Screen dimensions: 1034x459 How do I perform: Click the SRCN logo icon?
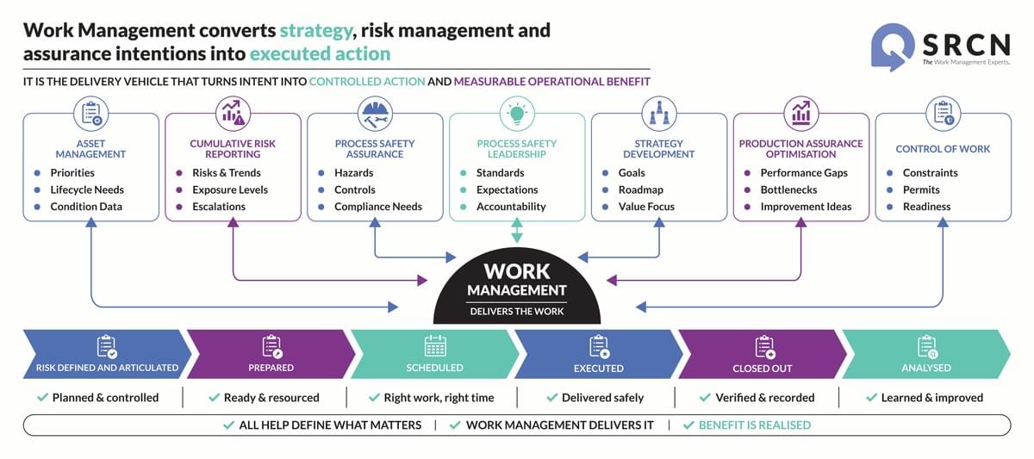point(893,47)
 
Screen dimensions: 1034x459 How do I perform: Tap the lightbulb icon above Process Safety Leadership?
point(517,114)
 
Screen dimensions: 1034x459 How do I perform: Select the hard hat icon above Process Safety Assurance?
point(375,114)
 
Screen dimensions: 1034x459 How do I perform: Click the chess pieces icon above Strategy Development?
point(659,114)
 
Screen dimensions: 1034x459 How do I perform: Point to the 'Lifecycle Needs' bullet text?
point(87,189)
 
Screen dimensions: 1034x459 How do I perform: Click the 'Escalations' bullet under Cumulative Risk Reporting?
point(219,207)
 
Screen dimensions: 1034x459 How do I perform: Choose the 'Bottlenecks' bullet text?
point(789,189)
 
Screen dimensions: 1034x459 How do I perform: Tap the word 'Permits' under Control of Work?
point(921,189)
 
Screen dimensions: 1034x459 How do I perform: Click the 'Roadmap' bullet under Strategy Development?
point(641,189)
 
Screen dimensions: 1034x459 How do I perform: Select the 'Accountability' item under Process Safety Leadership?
point(511,207)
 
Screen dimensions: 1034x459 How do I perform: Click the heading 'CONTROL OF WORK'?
point(943,149)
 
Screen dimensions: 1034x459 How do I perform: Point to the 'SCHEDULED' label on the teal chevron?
point(434,368)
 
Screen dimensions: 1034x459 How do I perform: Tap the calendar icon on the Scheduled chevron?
point(435,346)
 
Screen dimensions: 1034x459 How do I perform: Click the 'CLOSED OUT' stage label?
point(762,368)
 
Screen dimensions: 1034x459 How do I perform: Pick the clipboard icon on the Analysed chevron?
point(927,347)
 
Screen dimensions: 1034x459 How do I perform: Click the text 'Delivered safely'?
point(602,398)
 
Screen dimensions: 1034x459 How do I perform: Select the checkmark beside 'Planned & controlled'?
point(42,397)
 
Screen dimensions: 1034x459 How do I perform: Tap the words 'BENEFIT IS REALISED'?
point(754,425)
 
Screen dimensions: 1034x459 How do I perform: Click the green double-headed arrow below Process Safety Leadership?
point(517,231)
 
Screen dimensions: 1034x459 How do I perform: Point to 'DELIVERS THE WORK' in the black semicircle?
point(517,312)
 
